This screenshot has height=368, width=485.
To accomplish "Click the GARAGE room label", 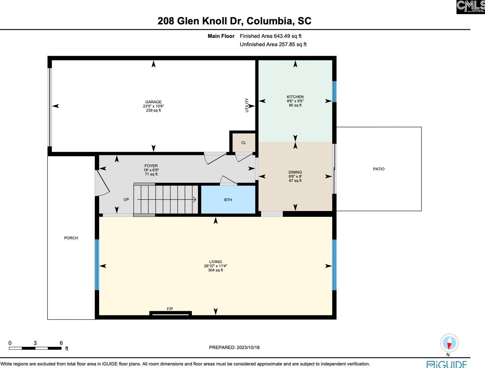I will (153, 102).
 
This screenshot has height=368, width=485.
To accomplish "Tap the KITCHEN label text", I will (295, 97).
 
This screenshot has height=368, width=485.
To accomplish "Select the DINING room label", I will (295, 172).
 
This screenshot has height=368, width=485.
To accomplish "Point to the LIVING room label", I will (215, 262).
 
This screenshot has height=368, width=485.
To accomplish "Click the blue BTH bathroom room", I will (228, 200).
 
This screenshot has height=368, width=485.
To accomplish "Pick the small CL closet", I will (243, 143).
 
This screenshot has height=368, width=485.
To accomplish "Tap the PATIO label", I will (379, 169).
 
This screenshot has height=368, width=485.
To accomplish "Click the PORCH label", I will (71, 238).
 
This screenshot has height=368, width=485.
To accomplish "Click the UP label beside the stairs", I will (126, 200).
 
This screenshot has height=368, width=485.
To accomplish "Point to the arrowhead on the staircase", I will (194, 200).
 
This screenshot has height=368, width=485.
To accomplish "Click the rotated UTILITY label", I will (247, 105).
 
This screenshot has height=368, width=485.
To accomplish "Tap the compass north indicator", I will (449, 343).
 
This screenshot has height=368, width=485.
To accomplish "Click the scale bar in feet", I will (35, 348).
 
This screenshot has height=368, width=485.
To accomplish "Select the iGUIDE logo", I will (447, 364).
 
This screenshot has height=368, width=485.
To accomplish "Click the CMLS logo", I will (471, 7).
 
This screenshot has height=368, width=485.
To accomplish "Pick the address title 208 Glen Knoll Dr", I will (234, 21).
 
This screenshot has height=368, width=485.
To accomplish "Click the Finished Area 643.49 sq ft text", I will (270, 36).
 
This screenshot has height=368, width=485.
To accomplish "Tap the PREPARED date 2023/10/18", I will (234, 347).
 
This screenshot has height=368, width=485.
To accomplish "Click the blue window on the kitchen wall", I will (334, 91).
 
